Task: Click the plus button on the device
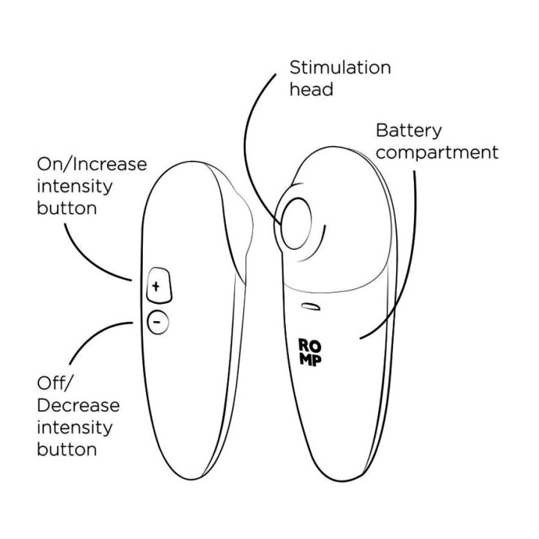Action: pyautogui.click(x=159, y=285)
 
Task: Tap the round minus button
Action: pyautogui.click(x=158, y=322)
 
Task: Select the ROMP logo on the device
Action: pyautogui.click(x=310, y=353)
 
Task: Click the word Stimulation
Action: pyautogui.click(x=340, y=67)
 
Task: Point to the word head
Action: pyautogui.click(x=311, y=89)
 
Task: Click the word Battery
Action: pyautogui.click(x=409, y=131)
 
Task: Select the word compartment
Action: pyautogui.click(x=437, y=153)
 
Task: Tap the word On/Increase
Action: pyautogui.click(x=92, y=164)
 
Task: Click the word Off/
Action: pyautogui.click(x=55, y=383)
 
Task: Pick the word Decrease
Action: pyautogui.click(x=78, y=405)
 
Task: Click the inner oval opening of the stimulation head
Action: pyautogui.click(x=296, y=223)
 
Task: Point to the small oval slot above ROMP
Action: pyautogui.click(x=311, y=306)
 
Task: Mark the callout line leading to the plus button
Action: pyautogui.click(x=88, y=260)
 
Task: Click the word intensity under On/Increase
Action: pyautogui.click(x=75, y=186)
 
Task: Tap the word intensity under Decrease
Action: pyautogui.click(x=75, y=427)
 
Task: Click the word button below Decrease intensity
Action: pyautogui.click(x=67, y=449)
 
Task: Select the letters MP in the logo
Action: pyautogui.click(x=310, y=360)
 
